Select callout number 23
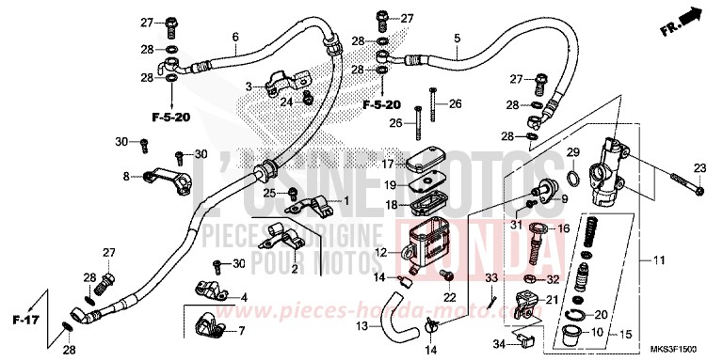pos(699,168)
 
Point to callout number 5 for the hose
pos(457,39)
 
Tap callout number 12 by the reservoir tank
pos(379,252)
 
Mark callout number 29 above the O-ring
pos(571,152)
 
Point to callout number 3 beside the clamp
pos(249,86)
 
